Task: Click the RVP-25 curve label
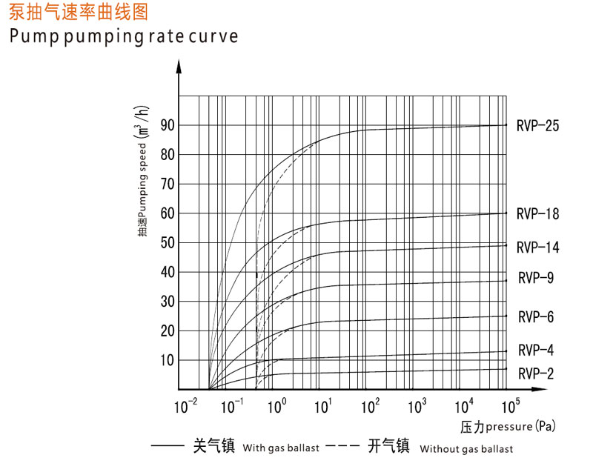click(x=537, y=125)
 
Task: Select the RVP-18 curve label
click(x=537, y=214)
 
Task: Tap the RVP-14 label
click(x=537, y=247)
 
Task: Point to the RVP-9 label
click(x=536, y=278)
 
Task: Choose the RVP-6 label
click(x=536, y=317)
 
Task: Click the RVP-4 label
click(x=536, y=350)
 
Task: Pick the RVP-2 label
click(x=536, y=373)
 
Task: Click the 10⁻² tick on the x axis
click(x=185, y=405)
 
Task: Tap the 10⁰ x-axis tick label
click(x=276, y=405)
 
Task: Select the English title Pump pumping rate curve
click(x=124, y=36)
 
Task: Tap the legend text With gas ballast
click(x=281, y=448)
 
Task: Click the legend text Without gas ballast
click(x=466, y=448)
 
